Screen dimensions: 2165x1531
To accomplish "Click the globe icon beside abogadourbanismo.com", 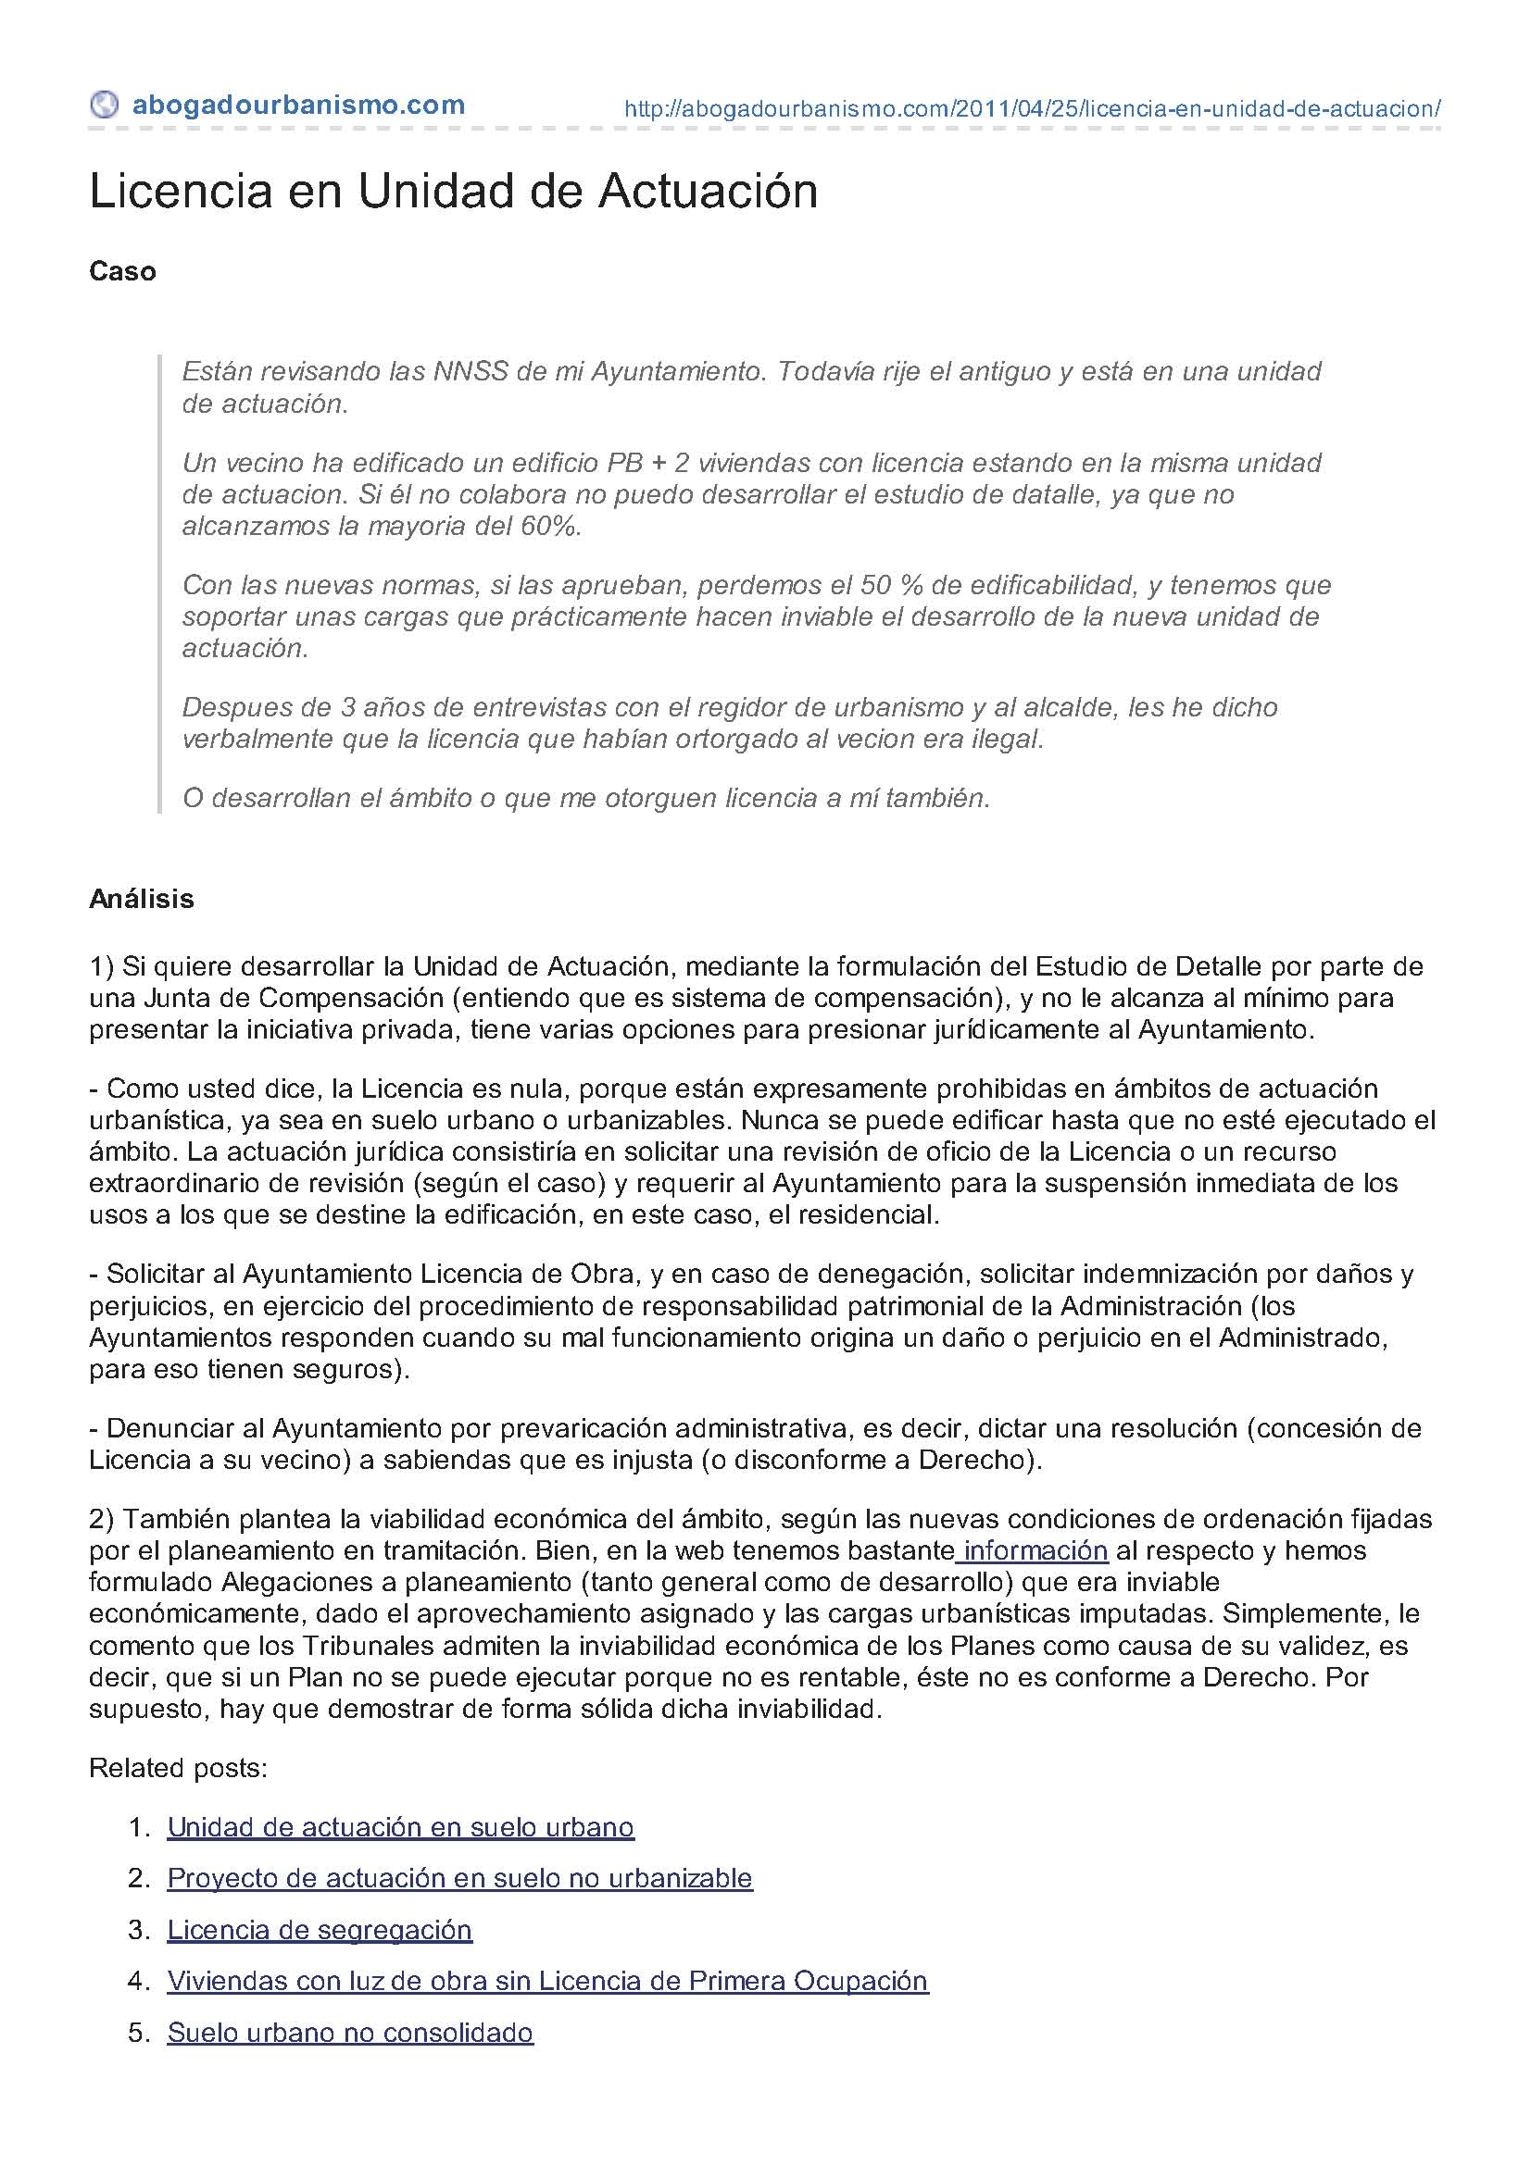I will point(104,104).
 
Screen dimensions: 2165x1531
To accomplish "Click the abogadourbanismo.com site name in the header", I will point(298,105).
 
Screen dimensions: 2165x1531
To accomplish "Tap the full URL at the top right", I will point(1032,108).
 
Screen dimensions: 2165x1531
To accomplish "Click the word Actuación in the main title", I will point(708,192).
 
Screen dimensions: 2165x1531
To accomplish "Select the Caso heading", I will point(122,271).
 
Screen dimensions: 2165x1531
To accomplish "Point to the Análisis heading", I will point(142,899).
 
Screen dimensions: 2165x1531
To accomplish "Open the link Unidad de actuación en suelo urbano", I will point(400,1827).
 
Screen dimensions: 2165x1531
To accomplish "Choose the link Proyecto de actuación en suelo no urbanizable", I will point(459,1878).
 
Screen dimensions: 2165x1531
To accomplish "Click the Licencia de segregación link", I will point(319,1930).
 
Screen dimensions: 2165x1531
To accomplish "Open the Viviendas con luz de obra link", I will point(547,1981).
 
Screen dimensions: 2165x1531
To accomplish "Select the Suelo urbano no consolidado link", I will point(350,2032).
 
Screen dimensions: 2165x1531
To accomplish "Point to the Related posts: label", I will point(178,1768).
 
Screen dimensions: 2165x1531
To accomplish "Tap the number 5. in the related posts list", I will point(139,2032).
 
